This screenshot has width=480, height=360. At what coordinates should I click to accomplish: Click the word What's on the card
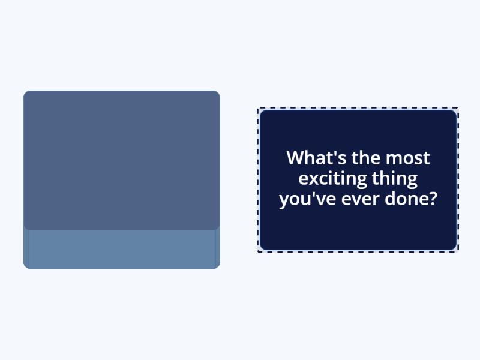tap(317, 158)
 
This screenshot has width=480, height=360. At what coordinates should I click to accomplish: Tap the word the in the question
tap(366, 158)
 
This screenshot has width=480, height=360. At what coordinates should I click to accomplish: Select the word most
tap(408, 158)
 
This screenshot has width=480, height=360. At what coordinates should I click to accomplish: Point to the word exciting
tap(333, 178)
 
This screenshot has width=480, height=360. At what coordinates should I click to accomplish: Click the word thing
tap(395, 179)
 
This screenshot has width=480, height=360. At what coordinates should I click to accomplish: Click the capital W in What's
tap(295, 158)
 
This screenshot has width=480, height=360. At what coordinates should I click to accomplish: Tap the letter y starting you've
tap(284, 202)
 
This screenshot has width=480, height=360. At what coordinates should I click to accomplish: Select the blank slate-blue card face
tap(122, 160)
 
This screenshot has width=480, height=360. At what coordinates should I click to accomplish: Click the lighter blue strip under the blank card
tap(122, 249)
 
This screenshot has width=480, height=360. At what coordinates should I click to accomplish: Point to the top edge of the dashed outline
tap(358, 108)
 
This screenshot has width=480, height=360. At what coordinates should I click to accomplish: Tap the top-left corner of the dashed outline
tap(258, 108)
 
